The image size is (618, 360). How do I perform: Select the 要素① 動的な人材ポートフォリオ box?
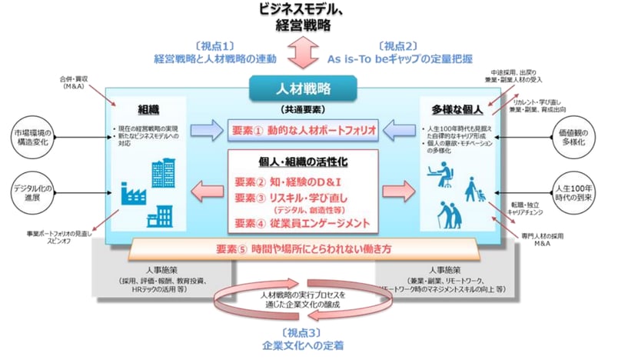pos(306,130)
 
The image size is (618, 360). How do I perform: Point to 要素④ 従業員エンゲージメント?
pos(305,224)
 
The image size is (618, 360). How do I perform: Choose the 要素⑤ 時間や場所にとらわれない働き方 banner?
pos(307,248)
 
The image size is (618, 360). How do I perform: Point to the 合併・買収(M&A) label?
pos(74,82)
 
